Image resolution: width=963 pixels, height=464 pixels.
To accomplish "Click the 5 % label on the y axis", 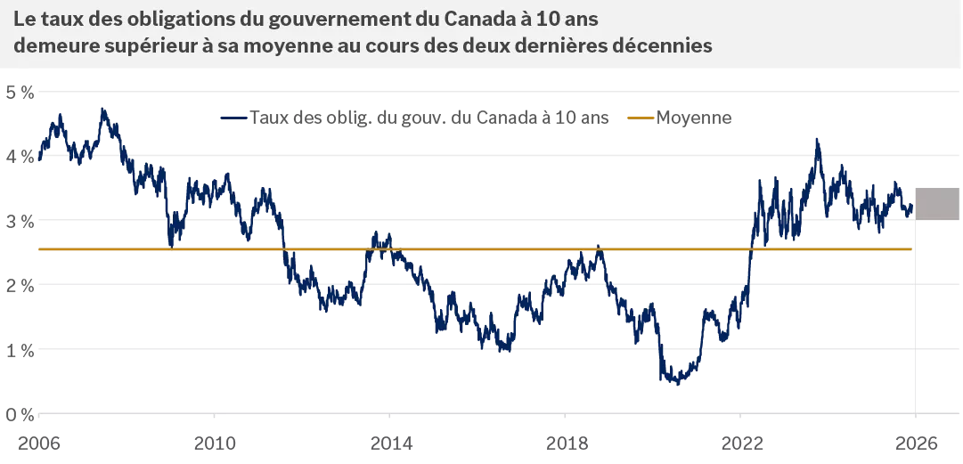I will click(x=19, y=91).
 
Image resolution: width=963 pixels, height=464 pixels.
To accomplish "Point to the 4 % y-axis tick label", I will click(x=19, y=156).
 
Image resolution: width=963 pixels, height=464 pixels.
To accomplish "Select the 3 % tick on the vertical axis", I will click(x=19, y=221).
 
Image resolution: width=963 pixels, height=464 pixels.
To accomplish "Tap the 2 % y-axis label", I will click(x=19, y=285).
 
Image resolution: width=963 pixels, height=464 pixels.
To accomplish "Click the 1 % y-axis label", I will click(x=19, y=350).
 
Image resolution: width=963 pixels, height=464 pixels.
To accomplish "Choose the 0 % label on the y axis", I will click(x=19, y=415).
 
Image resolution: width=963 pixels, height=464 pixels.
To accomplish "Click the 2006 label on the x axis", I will click(x=39, y=442).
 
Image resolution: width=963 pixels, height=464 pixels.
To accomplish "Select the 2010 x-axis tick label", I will click(x=215, y=442).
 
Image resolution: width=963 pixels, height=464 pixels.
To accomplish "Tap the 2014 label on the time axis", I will click(x=390, y=442).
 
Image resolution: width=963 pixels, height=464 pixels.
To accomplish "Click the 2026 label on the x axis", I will click(x=916, y=442).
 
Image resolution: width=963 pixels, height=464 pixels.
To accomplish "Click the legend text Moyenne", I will click(x=694, y=118).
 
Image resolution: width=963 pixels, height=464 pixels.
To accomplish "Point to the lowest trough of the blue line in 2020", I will click(x=677, y=384).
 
